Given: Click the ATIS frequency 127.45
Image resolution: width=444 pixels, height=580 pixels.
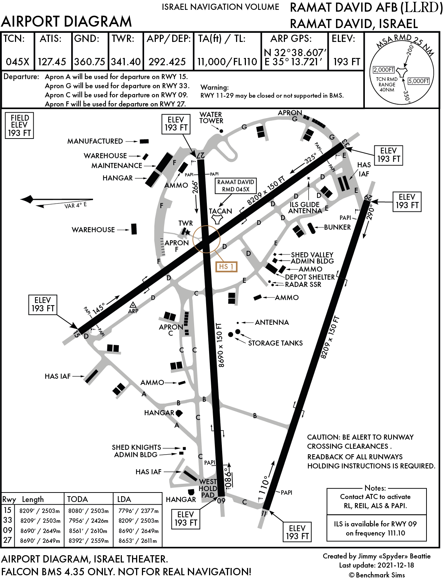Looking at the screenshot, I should [52, 62].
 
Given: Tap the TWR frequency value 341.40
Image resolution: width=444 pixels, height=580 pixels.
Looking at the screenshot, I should [126, 62].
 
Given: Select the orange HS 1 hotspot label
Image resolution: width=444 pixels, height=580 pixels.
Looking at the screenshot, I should [226, 267].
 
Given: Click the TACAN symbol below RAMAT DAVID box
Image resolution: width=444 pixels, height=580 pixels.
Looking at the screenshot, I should [218, 219].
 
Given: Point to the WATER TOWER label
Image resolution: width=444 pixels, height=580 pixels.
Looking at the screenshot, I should [211, 118].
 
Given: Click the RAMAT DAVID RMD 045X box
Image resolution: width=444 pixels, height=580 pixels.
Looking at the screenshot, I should [235, 186].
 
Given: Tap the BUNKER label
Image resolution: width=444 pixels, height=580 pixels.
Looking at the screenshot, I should [337, 227].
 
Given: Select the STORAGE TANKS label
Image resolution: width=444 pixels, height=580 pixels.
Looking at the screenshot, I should [275, 343].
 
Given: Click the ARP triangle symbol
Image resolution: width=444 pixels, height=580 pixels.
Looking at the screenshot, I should [133, 305].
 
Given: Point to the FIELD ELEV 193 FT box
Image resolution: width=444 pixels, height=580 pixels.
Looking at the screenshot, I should [20, 125].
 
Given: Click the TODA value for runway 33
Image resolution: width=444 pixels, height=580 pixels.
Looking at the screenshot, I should [89, 521].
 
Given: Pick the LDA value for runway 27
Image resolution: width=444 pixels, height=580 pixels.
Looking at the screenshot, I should [138, 541].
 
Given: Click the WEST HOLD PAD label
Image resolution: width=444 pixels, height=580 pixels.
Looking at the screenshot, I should [208, 488].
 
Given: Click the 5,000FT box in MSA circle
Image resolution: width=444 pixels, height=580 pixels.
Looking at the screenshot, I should [418, 81].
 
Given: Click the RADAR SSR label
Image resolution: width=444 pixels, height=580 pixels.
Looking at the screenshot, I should [303, 285].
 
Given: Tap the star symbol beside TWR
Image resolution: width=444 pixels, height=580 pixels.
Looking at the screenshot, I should [188, 232].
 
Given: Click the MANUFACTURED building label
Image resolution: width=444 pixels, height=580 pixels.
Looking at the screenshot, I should [95, 141].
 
